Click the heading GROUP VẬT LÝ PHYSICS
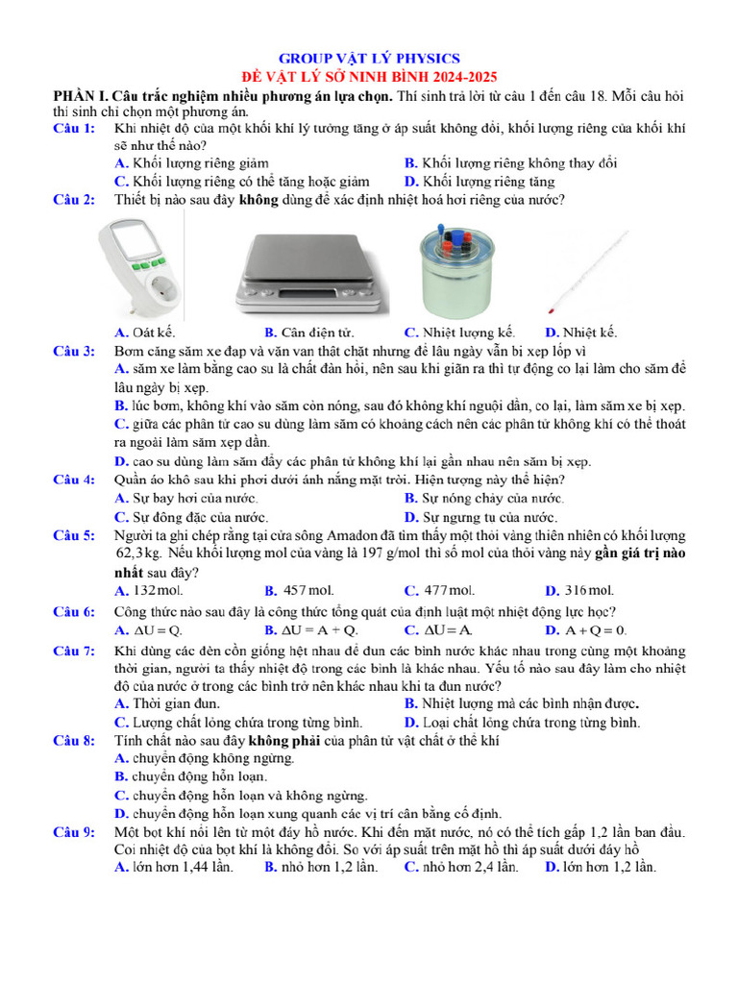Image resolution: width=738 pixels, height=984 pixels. pyautogui.click(x=369, y=59)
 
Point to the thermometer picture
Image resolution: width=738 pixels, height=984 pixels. pyautogui.click(x=590, y=268)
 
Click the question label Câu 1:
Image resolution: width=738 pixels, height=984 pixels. pyautogui.click(x=74, y=129)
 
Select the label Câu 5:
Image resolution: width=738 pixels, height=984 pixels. pyautogui.click(x=74, y=535)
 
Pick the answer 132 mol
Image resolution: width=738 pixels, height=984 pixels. pyautogui.click(x=158, y=590)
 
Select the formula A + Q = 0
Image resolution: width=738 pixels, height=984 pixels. pyautogui.click(x=596, y=630)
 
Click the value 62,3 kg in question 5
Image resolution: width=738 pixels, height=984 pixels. pyautogui.click(x=138, y=553)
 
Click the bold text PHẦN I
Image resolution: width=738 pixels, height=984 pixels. pyautogui.click(x=80, y=97)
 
